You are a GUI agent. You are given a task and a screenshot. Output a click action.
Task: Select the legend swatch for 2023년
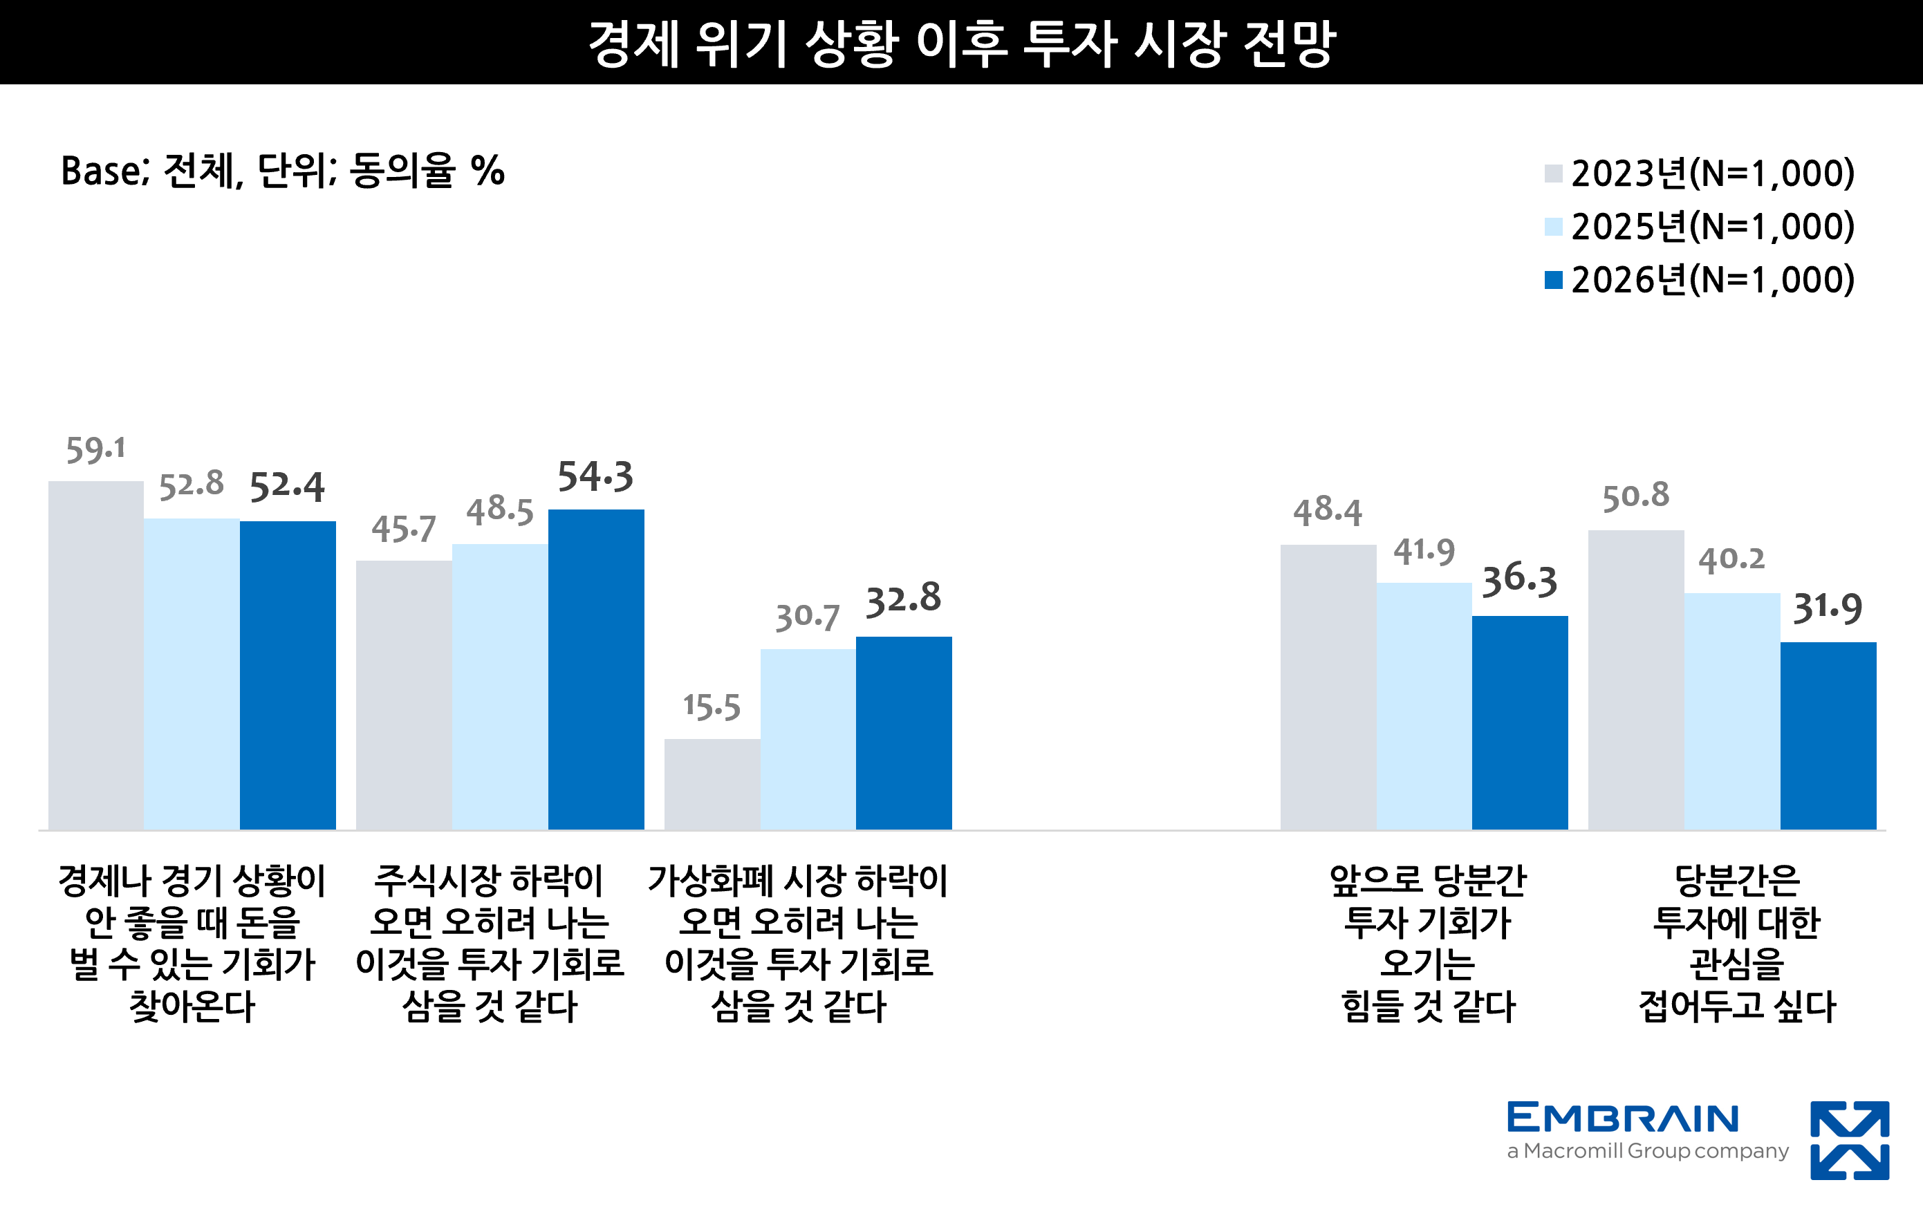[1553, 174]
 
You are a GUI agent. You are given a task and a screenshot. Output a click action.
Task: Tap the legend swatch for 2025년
[1553, 227]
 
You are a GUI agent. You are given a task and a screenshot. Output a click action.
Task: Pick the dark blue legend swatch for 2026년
[1553, 280]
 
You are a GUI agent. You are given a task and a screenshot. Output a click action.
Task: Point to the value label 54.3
[595, 477]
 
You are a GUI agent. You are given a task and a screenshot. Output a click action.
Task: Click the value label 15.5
[712, 707]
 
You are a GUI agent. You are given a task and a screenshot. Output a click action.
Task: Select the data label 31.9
[1827, 608]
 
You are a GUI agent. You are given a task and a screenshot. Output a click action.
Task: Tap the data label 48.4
[1327, 511]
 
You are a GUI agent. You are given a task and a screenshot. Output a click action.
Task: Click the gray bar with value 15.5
[712, 784]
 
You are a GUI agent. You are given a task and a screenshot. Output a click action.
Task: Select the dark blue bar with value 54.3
[596, 669]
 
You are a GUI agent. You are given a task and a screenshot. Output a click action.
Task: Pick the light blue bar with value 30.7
[808, 739]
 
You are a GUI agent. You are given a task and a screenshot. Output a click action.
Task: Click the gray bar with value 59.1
[96, 655]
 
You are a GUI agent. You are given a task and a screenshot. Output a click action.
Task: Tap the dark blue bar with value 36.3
[1520, 722]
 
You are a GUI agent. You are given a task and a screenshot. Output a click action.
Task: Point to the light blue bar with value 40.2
[1732, 711]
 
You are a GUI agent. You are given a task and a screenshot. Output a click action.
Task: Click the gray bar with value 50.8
[1635, 680]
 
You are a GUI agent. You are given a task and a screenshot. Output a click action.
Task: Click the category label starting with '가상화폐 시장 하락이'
[799, 943]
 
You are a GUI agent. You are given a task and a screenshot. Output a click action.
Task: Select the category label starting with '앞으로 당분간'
[1428, 943]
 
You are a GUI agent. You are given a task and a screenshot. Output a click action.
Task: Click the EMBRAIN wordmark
[1623, 1118]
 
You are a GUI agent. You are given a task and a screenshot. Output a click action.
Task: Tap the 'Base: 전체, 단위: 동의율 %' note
[283, 171]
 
